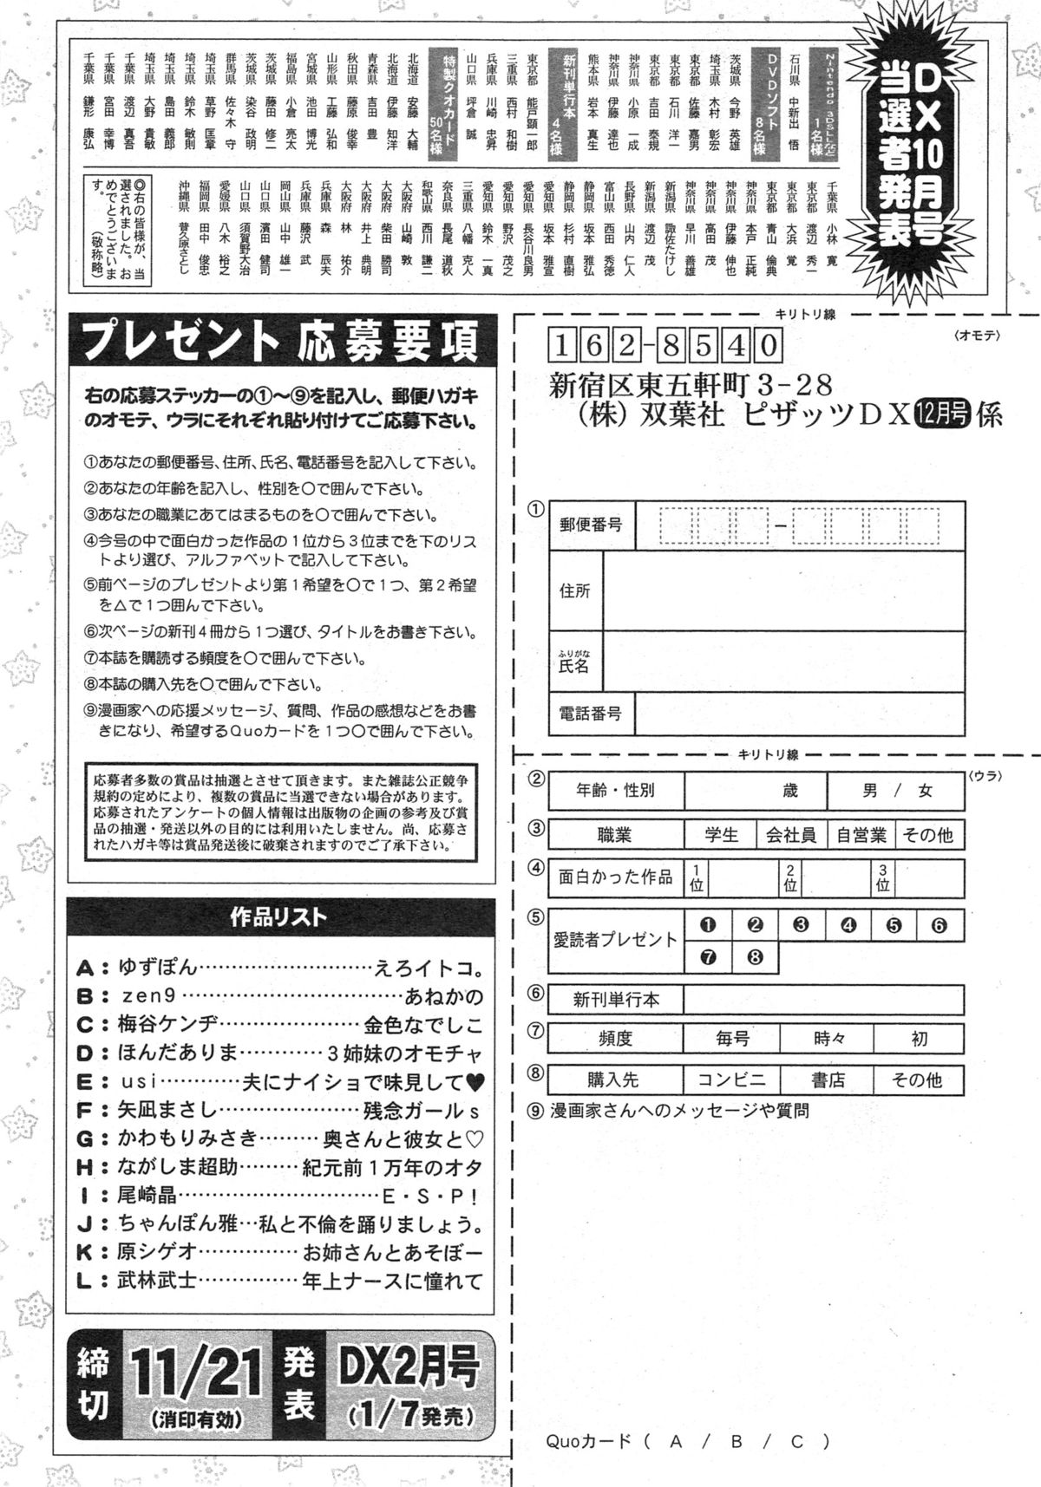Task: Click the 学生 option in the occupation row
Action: tap(721, 835)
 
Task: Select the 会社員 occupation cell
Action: tap(790, 835)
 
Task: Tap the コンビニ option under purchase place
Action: tap(732, 1080)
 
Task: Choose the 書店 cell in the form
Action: tap(827, 1080)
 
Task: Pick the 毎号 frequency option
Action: tap(732, 1038)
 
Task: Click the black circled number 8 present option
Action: tap(755, 958)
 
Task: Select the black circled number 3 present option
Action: tap(801, 924)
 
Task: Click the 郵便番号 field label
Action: tap(591, 524)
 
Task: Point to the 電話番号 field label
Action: tap(591, 714)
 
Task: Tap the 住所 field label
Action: tap(575, 590)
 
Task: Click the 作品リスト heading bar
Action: tap(279, 916)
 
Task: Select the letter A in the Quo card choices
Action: tap(675, 1442)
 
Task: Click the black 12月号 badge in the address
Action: tap(942, 416)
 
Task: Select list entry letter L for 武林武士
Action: tap(84, 1281)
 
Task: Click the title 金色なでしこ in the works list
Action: tap(423, 1025)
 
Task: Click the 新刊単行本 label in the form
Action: tap(616, 1000)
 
